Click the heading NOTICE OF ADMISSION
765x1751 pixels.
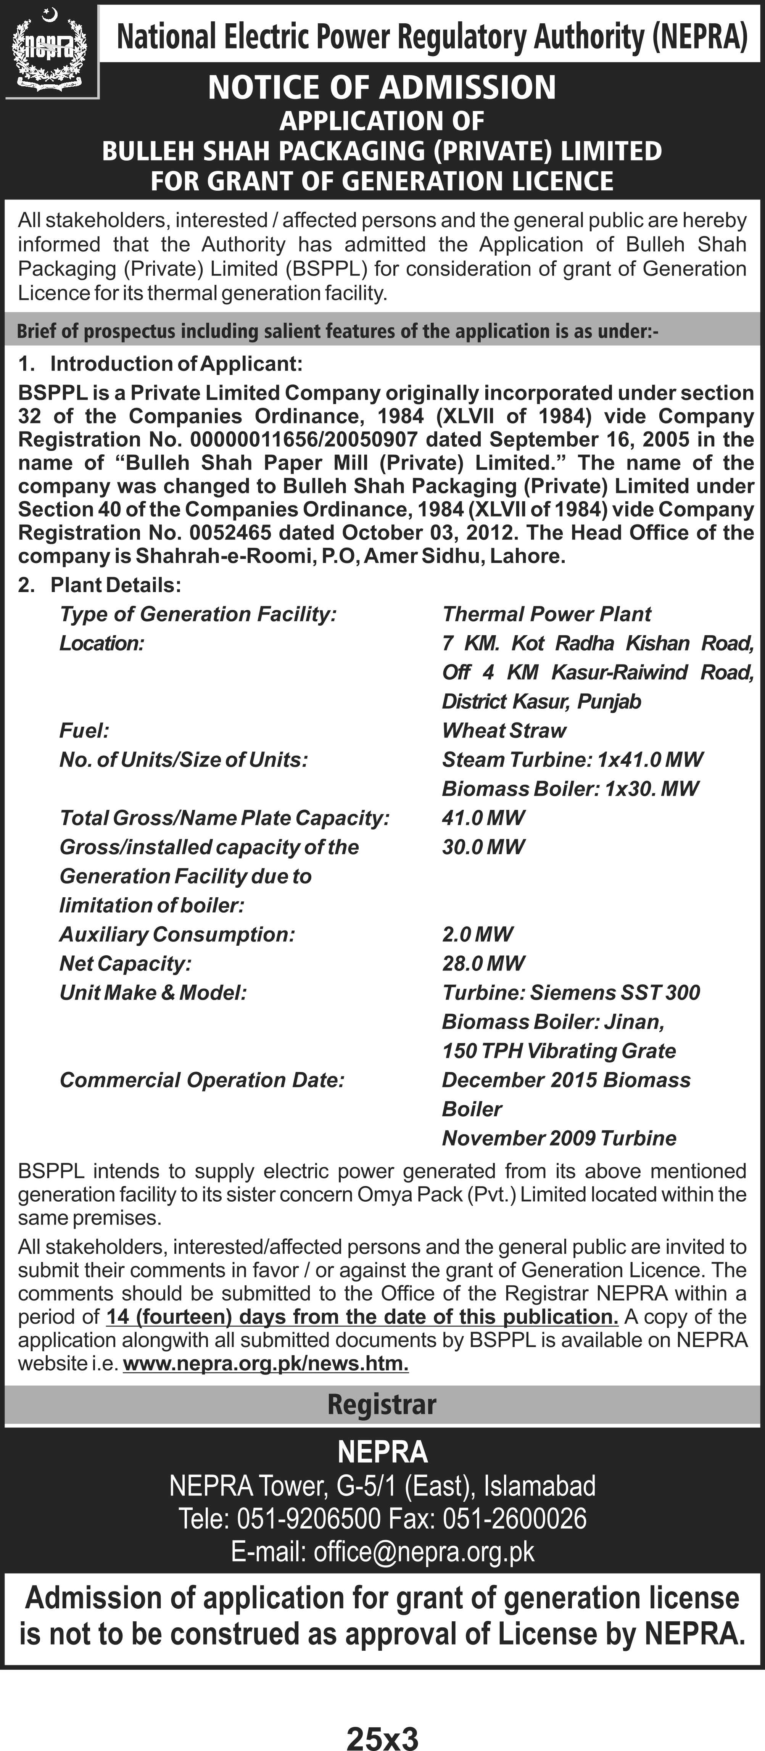coord(382,87)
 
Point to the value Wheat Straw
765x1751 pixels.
coord(504,731)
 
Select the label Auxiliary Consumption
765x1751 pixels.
coord(177,935)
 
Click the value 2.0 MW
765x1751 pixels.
coord(477,935)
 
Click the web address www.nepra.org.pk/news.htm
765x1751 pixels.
coord(266,1364)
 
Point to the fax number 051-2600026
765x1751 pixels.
coord(515,1519)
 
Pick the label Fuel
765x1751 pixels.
coord(84,731)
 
